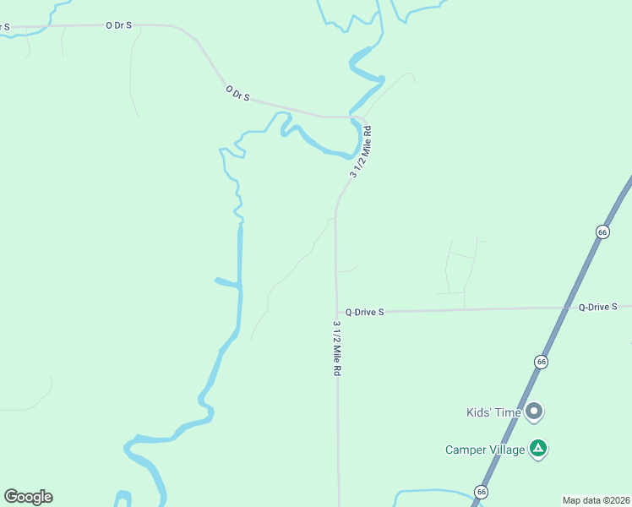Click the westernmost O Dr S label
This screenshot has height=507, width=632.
coord(119,25)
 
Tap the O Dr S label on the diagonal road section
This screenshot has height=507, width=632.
coord(237,92)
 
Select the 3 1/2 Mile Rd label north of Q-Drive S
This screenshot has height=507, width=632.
coord(361,151)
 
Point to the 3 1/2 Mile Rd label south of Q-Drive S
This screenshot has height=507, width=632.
coord(337,348)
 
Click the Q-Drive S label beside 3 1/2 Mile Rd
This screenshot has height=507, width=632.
coord(364,312)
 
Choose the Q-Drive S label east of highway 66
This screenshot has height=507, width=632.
coord(603,307)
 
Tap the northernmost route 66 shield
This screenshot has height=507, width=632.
coord(602,232)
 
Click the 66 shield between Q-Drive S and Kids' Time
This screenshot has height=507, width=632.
coord(542,362)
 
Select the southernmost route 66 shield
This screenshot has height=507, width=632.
coord(481,492)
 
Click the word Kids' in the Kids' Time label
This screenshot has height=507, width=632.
coord(479,413)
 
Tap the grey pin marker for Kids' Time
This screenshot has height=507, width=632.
coord(534,412)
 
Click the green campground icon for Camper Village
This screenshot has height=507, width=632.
coord(537,448)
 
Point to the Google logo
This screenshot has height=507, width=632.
coord(28,497)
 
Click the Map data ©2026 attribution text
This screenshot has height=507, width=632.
coord(596,499)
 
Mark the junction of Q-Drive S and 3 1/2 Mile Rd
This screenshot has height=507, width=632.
coord(336,313)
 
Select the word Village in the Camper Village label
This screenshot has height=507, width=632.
coord(505,450)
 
